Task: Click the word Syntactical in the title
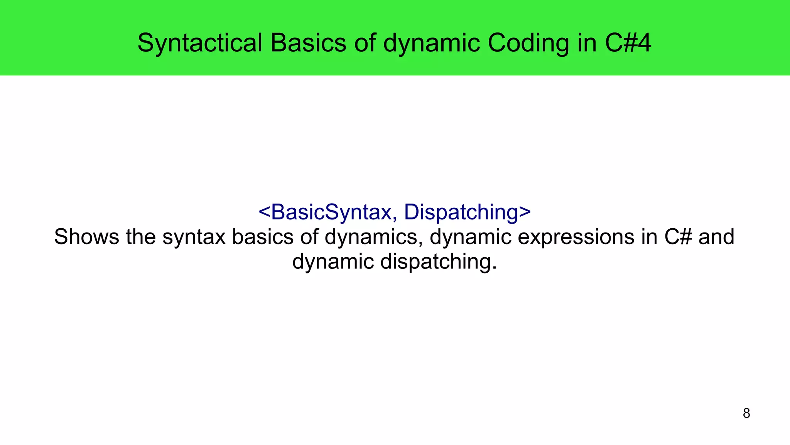coord(200,42)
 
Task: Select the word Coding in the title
coord(528,42)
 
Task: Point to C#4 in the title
coord(628,42)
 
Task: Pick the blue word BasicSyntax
coord(331,212)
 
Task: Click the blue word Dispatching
coord(461,212)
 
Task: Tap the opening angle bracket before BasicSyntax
coord(264,212)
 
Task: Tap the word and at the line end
coord(716,237)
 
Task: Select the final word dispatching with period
coord(438,262)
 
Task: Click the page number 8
coord(746,413)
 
